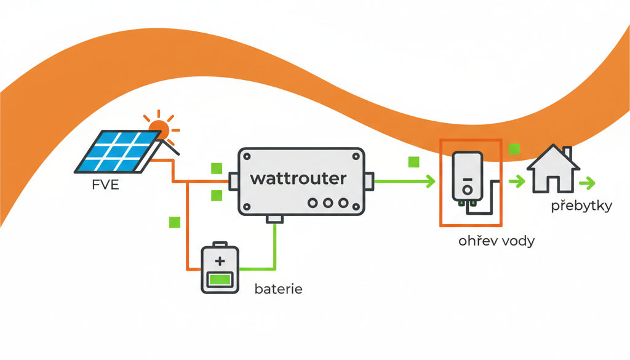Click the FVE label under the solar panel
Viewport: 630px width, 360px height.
point(106,185)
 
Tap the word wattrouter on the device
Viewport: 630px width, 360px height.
point(298,178)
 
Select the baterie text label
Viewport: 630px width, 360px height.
point(279,289)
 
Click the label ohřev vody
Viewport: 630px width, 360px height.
point(496,241)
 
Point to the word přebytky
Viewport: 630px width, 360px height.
point(581,206)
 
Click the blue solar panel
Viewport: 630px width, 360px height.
point(118,151)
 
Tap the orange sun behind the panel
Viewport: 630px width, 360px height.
point(161,128)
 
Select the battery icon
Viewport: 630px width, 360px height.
point(220,268)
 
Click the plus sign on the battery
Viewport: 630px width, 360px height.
point(220,261)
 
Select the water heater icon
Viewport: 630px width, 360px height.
point(468,177)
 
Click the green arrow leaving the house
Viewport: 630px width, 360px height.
point(587,183)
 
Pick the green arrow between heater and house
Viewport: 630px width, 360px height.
point(517,181)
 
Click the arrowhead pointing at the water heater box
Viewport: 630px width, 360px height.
point(431,181)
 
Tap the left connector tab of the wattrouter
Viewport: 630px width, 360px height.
point(233,181)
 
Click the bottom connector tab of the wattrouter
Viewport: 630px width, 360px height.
point(275,219)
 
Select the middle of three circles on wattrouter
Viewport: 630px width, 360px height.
point(328,203)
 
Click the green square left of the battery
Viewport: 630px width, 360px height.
point(175,222)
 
